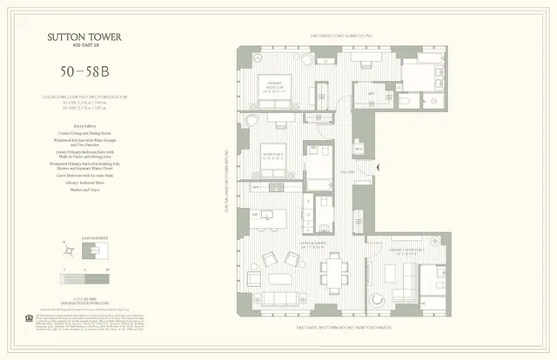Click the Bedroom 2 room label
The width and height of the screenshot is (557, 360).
point(271,157)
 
